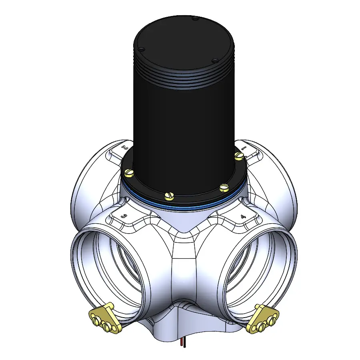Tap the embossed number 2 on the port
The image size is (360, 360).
[125, 148]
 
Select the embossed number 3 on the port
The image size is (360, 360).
[124, 216]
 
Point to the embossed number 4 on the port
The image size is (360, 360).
[243, 216]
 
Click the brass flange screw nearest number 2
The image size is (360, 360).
[129, 172]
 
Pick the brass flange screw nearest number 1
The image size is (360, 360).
[239, 155]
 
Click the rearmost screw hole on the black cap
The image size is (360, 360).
[195, 18]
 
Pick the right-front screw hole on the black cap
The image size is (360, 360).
[215, 61]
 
